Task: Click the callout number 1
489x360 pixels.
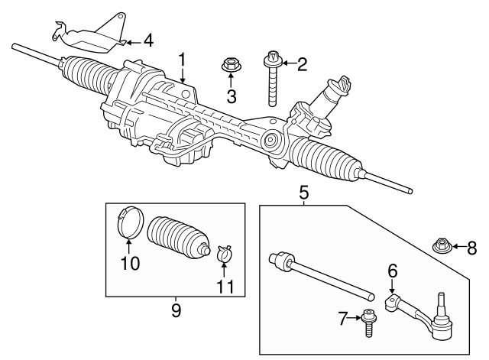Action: coord(183,59)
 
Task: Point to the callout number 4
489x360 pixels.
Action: coord(148,39)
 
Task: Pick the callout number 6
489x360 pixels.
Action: coord(393,271)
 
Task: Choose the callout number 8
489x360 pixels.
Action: coord(471,247)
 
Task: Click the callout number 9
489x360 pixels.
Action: coord(175,310)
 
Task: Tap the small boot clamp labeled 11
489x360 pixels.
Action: coord(225,253)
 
